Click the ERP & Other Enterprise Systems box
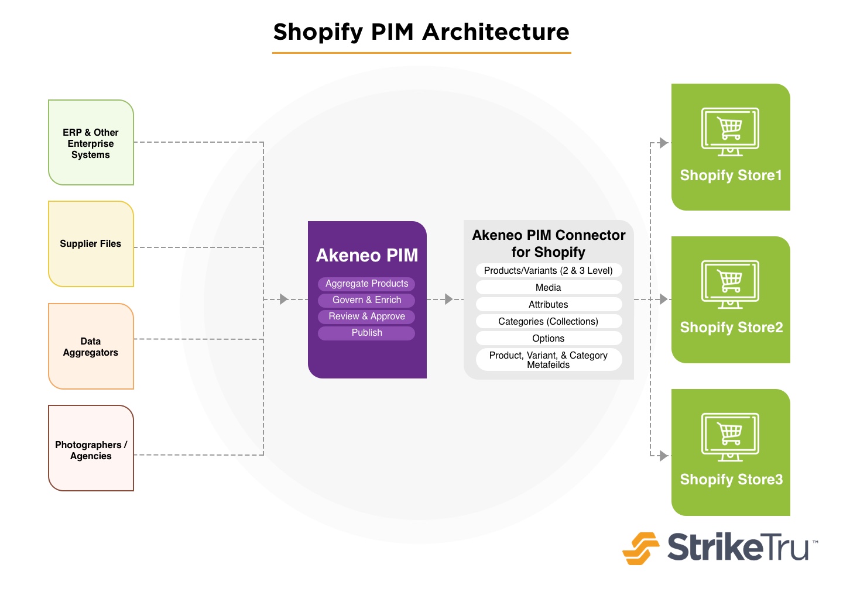click(91, 143)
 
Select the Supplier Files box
click(91, 244)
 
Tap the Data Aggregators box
click(91, 346)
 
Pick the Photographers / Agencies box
click(91, 448)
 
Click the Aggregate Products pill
click(366, 284)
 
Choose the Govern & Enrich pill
click(366, 300)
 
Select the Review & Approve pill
click(366, 316)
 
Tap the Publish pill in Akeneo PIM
click(366, 333)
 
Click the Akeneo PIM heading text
click(367, 255)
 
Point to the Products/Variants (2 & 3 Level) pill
click(549, 270)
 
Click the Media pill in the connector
click(549, 287)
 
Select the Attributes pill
click(549, 304)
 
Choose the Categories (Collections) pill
click(549, 321)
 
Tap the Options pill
click(549, 338)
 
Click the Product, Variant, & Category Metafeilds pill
click(549, 360)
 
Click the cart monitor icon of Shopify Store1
click(730, 132)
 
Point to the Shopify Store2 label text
click(731, 328)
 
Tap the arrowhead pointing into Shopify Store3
click(664, 456)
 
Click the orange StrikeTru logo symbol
click(640, 549)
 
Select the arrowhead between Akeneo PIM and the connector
click(448, 299)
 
